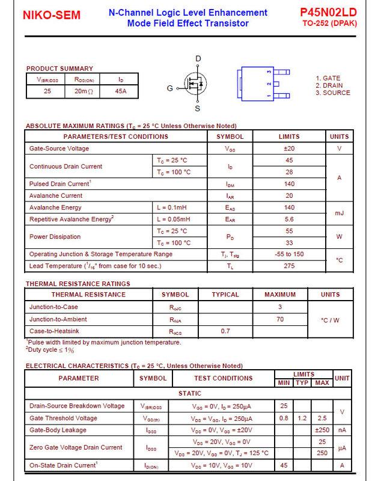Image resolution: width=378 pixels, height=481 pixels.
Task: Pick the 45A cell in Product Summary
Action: tap(120, 91)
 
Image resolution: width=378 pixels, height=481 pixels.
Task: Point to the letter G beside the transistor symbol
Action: tap(170, 89)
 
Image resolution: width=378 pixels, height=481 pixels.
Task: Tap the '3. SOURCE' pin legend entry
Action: tap(332, 93)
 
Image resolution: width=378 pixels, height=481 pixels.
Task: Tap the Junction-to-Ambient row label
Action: tap(58, 319)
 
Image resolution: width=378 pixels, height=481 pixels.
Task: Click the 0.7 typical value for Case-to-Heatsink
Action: tap(225, 331)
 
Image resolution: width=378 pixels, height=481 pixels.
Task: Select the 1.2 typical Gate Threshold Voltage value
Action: tap(302, 418)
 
